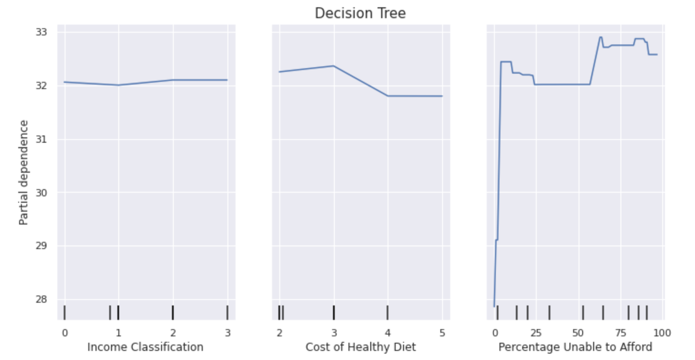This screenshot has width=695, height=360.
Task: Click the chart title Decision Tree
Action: [x=360, y=13]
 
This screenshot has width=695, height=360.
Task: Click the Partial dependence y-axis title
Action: [x=24, y=172]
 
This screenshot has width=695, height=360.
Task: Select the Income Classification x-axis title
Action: [x=145, y=347]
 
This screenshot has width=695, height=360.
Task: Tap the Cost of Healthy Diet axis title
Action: [x=360, y=347]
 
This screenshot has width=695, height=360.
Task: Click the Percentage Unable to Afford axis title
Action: [x=575, y=347]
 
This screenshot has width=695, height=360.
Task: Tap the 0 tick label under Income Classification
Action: [x=65, y=333]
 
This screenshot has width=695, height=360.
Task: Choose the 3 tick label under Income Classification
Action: [x=227, y=333]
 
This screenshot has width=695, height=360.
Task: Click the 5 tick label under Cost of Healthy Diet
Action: [x=442, y=333]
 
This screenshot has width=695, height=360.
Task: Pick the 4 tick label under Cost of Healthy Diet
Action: [x=388, y=333]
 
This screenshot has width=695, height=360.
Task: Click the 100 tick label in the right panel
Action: [x=662, y=333]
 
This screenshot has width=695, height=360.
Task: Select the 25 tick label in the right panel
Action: [x=536, y=333]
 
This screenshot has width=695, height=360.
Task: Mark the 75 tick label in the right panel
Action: [x=620, y=333]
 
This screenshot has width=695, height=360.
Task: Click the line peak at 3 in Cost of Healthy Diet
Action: [x=333, y=66]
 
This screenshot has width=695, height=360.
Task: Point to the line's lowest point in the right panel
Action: [x=494, y=306]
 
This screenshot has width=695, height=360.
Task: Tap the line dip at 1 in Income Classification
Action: [x=118, y=85]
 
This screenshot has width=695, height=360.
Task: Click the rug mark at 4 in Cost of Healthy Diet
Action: [x=388, y=313]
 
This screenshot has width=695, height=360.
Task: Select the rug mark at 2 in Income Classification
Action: [x=173, y=313]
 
